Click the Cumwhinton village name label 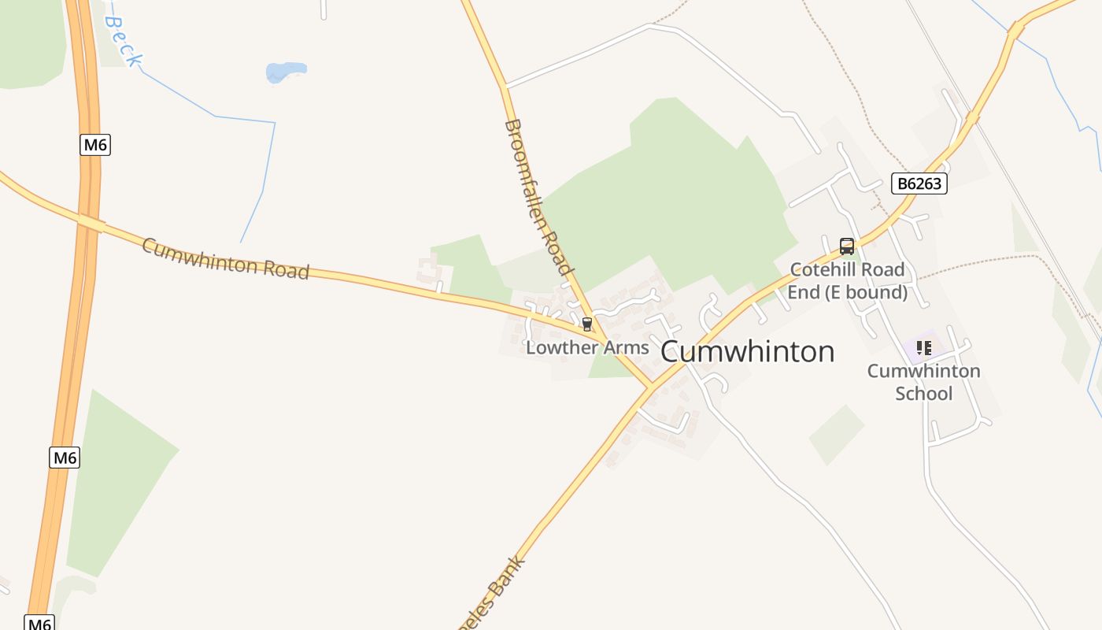[747, 351]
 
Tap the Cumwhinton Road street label [225, 258]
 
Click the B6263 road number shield [919, 183]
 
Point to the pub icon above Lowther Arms [586, 324]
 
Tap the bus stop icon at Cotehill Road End [846, 246]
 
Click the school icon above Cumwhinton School [923, 347]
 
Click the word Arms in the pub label [626, 347]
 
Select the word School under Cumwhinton [923, 393]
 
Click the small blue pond [285, 72]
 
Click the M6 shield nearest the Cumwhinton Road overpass [94, 145]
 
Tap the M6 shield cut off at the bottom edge [39, 622]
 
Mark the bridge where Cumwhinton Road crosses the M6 [91, 224]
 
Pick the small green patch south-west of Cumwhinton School [836, 434]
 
